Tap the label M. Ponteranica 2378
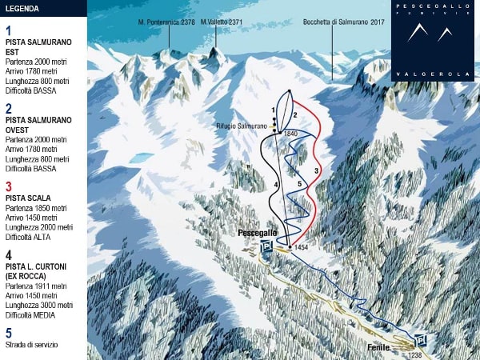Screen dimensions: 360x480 (x=166, y=22)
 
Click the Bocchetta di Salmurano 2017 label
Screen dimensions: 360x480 (x=344, y=22)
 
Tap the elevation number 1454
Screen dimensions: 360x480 (x=301, y=248)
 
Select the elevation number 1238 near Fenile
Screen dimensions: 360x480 (x=414, y=354)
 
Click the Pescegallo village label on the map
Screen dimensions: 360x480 (x=258, y=232)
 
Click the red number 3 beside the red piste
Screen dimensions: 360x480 (x=317, y=171)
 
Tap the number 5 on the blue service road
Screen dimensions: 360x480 (x=299, y=185)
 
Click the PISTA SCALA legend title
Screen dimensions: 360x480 (x=28, y=197)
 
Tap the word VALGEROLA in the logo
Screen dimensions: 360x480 (x=434, y=73)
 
